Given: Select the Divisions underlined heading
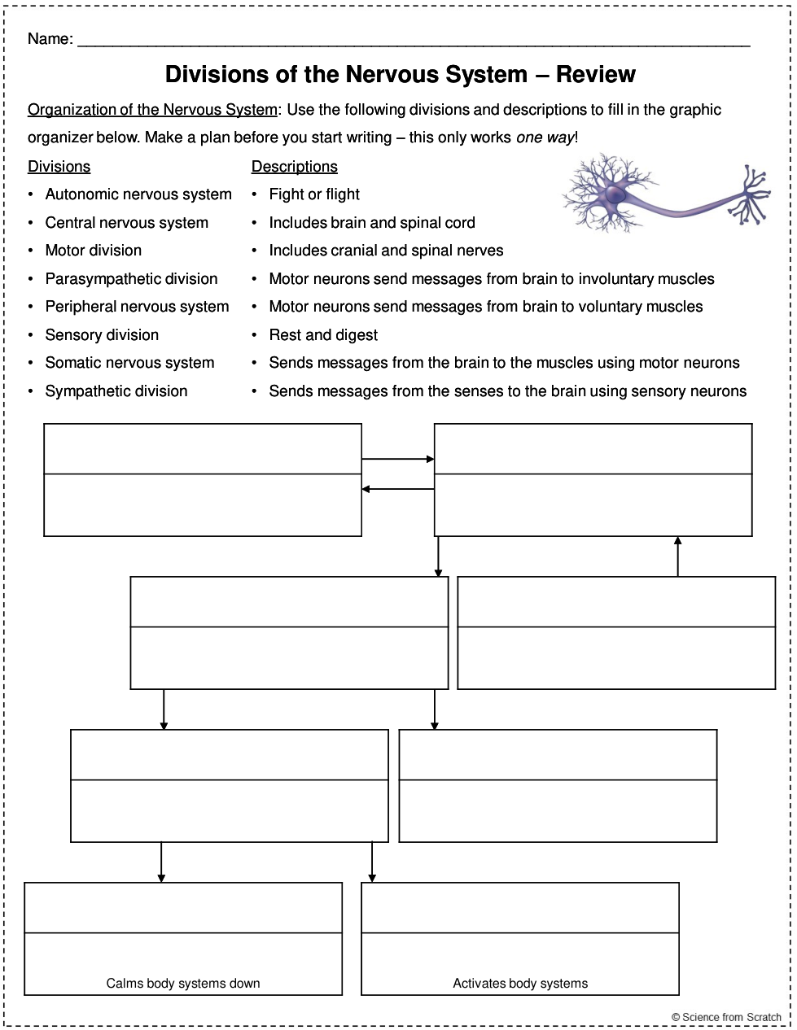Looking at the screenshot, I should [x=59, y=167].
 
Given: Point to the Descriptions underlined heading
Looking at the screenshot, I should [x=294, y=167].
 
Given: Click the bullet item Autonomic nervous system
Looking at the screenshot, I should [x=138, y=194].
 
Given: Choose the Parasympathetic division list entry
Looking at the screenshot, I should [x=131, y=279].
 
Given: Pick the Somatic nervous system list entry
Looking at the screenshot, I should [x=129, y=363].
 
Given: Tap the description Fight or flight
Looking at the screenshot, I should [x=314, y=194].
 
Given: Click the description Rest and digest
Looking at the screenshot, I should [x=323, y=335].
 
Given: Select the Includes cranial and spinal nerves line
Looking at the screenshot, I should [x=386, y=251].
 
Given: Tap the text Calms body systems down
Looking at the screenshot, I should [x=183, y=984].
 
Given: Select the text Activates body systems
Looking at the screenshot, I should [x=520, y=984].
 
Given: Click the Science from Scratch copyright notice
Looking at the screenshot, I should [x=726, y=1017].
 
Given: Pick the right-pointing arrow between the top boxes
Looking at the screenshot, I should [x=398, y=460].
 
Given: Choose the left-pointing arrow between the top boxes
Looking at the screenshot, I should [x=398, y=489].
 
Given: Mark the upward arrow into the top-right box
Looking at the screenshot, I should [x=677, y=556].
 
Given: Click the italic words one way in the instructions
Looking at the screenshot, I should [x=545, y=137].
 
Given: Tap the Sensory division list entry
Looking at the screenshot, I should [x=102, y=335].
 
